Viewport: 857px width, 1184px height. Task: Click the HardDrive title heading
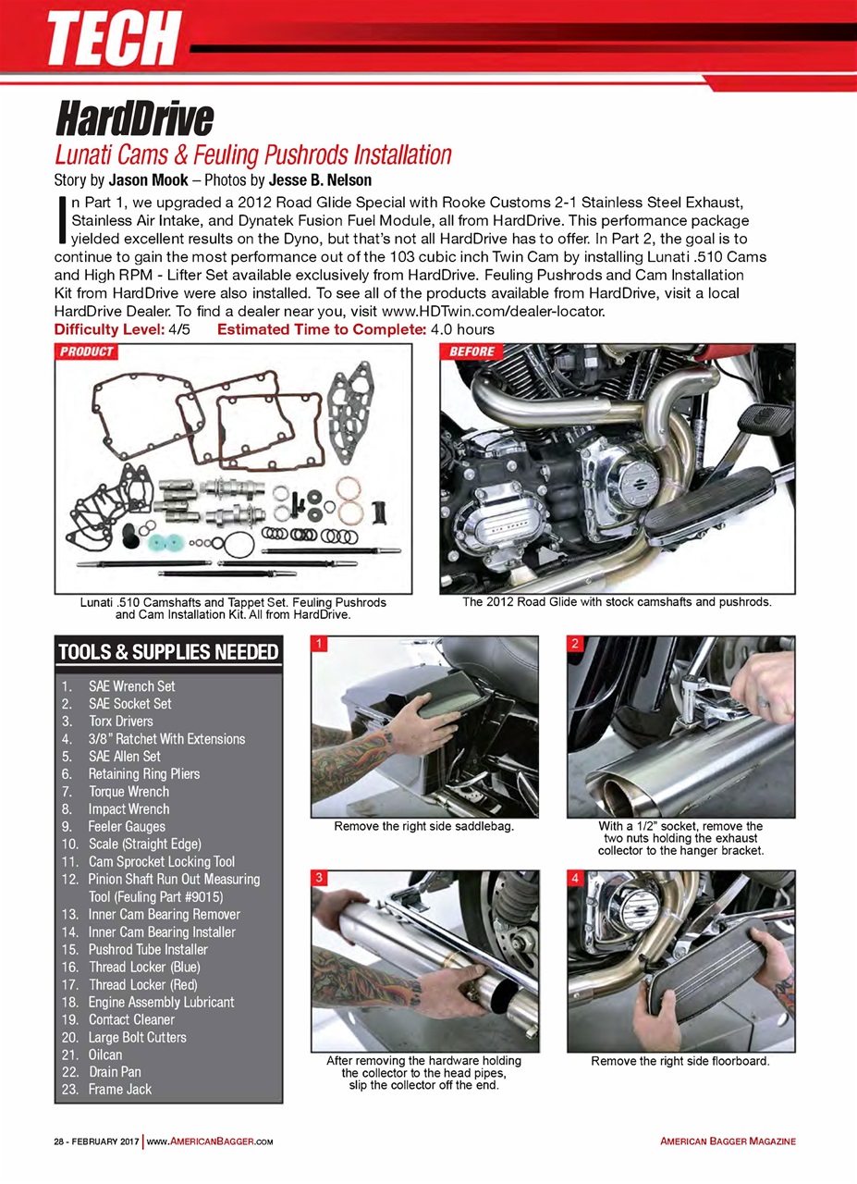point(135,119)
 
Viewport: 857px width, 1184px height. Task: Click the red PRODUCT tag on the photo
point(87,351)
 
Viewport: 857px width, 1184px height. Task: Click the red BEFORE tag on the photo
point(471,351)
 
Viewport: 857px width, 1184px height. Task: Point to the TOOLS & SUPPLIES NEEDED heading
point(168,652)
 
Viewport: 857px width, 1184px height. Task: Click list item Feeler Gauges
point(127,826)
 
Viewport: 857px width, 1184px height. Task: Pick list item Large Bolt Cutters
point(137,1037)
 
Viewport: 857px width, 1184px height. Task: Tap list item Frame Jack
point(120,1089)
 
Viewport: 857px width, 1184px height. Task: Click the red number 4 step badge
point(575,879)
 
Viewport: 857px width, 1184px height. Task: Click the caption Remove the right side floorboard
point(679,1060)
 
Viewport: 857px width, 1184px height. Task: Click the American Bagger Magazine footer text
point(728,1141)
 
